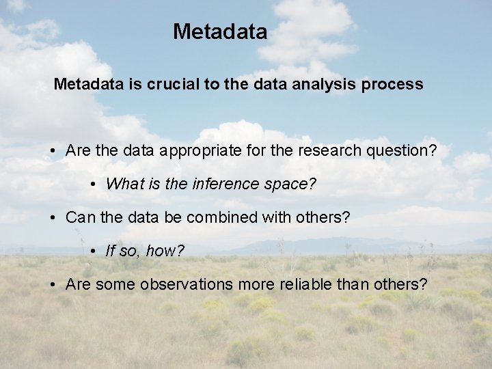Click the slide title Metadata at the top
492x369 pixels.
(219, 31)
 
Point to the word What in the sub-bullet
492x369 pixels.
(122, 184)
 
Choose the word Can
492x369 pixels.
(79, 218)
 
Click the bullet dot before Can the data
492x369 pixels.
(53, 218)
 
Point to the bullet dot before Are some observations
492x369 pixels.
(53, 284)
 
